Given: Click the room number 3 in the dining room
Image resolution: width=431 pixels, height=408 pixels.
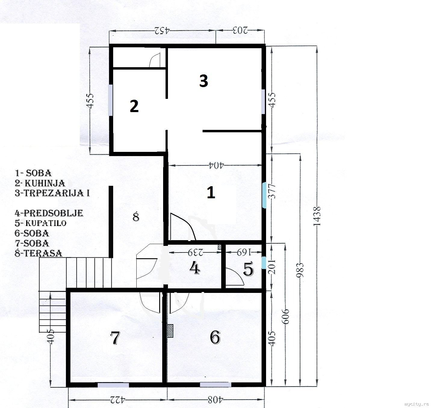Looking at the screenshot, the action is click(x=203, y=81).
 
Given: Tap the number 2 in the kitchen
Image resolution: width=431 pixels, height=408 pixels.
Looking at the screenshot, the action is click(x=134, y=106).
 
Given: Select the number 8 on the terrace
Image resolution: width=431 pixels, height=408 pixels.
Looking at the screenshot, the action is click(x=136, y=217).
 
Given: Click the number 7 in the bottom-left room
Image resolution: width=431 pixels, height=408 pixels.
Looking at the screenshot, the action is click(x=115, y=338).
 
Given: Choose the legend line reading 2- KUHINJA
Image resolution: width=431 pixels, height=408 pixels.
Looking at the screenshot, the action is click(x=40, y=183).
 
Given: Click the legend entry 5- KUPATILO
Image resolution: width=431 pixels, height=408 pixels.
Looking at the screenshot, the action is click(x=41, y=223).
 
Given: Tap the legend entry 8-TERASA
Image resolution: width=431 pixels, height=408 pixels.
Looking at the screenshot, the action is click(x=38, y=253).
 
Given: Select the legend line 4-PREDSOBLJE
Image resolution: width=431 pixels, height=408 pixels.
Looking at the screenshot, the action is click(x=49, y=213).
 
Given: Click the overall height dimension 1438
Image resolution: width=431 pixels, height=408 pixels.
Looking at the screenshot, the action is click(x=317, y=216).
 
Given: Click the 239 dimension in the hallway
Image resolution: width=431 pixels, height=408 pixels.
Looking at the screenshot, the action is click(x=196, y=253).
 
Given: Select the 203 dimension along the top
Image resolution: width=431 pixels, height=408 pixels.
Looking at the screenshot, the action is click(x=240, y=30).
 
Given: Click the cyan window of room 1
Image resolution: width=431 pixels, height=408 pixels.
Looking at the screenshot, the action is click(x=264, y=195).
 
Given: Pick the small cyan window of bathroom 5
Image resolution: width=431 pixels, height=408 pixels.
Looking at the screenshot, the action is click(x=264, y=262).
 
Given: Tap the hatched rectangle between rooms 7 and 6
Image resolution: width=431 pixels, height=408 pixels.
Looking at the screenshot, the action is click(x=170, y=331).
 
